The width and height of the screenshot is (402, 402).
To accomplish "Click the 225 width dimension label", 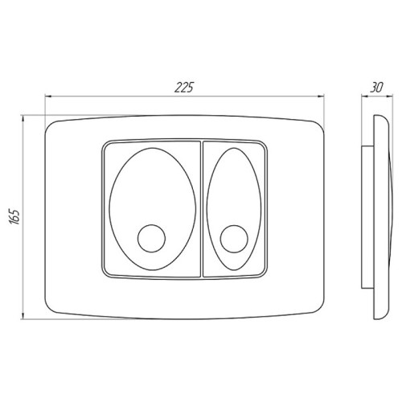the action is (184, 87).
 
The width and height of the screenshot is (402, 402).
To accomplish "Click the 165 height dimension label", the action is (15, 216).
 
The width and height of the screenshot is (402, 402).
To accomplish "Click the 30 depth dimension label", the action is (376, 87).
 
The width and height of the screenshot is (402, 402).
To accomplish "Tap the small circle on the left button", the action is (151, 238).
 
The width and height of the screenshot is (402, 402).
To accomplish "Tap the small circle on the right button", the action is (234, 239).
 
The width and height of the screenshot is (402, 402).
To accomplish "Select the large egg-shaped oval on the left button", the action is (109, 209).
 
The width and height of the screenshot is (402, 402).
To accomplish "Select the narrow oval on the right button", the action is (207, 209).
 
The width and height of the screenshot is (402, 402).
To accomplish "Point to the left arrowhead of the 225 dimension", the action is (48, 96).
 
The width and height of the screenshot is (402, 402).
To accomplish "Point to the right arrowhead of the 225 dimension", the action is (321, 96).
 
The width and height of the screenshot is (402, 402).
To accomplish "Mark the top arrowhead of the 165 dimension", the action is (23, 119).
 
